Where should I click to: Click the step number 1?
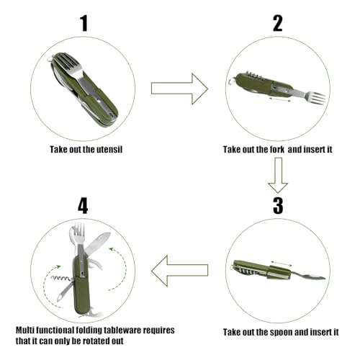click(84, 23)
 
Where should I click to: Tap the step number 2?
click(278, 23)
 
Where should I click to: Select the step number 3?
click(278, 206)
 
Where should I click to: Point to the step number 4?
click(83, 206)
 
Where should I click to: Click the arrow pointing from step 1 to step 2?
click(179, 89)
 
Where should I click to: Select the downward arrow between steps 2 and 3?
click(278, 175)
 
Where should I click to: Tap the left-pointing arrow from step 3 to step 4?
click(179, 271)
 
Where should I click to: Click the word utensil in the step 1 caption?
click(109, 150)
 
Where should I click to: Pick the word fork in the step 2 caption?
click(276, 150)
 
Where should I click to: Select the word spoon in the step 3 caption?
click(281, 333)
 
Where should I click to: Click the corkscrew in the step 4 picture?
click(61, 279)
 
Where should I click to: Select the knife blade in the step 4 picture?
click(98, 243)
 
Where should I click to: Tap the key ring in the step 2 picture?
click(231, 81)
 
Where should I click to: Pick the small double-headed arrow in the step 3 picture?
click(281, 264)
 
